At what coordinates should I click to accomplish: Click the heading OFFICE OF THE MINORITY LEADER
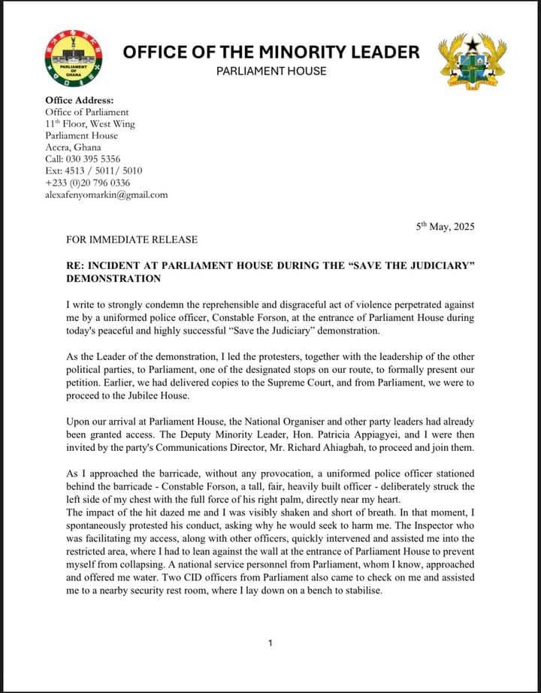click(x=270, y=52)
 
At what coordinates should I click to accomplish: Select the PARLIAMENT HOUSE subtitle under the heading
click(x=270, y=71)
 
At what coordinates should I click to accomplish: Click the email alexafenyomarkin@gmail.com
click(x=107, y=195)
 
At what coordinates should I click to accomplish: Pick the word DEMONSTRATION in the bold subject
click(x=113, y=279)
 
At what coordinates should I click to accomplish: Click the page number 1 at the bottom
click(x=270, y=643)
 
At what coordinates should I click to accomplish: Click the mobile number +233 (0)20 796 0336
click(x=87, y=183)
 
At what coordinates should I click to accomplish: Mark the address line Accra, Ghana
click(x=73, y=147)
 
